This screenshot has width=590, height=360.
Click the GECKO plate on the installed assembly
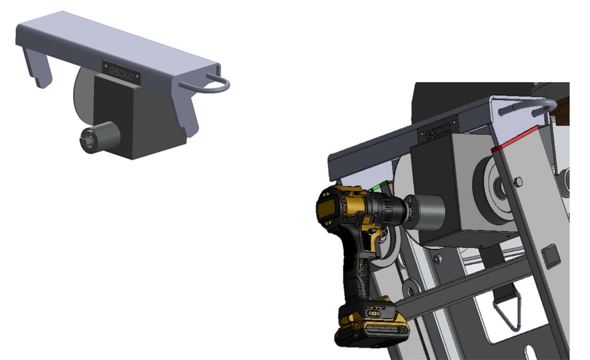(437, 131)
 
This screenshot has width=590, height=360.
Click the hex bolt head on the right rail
(517, 182)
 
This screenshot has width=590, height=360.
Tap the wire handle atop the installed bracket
(527, 107)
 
